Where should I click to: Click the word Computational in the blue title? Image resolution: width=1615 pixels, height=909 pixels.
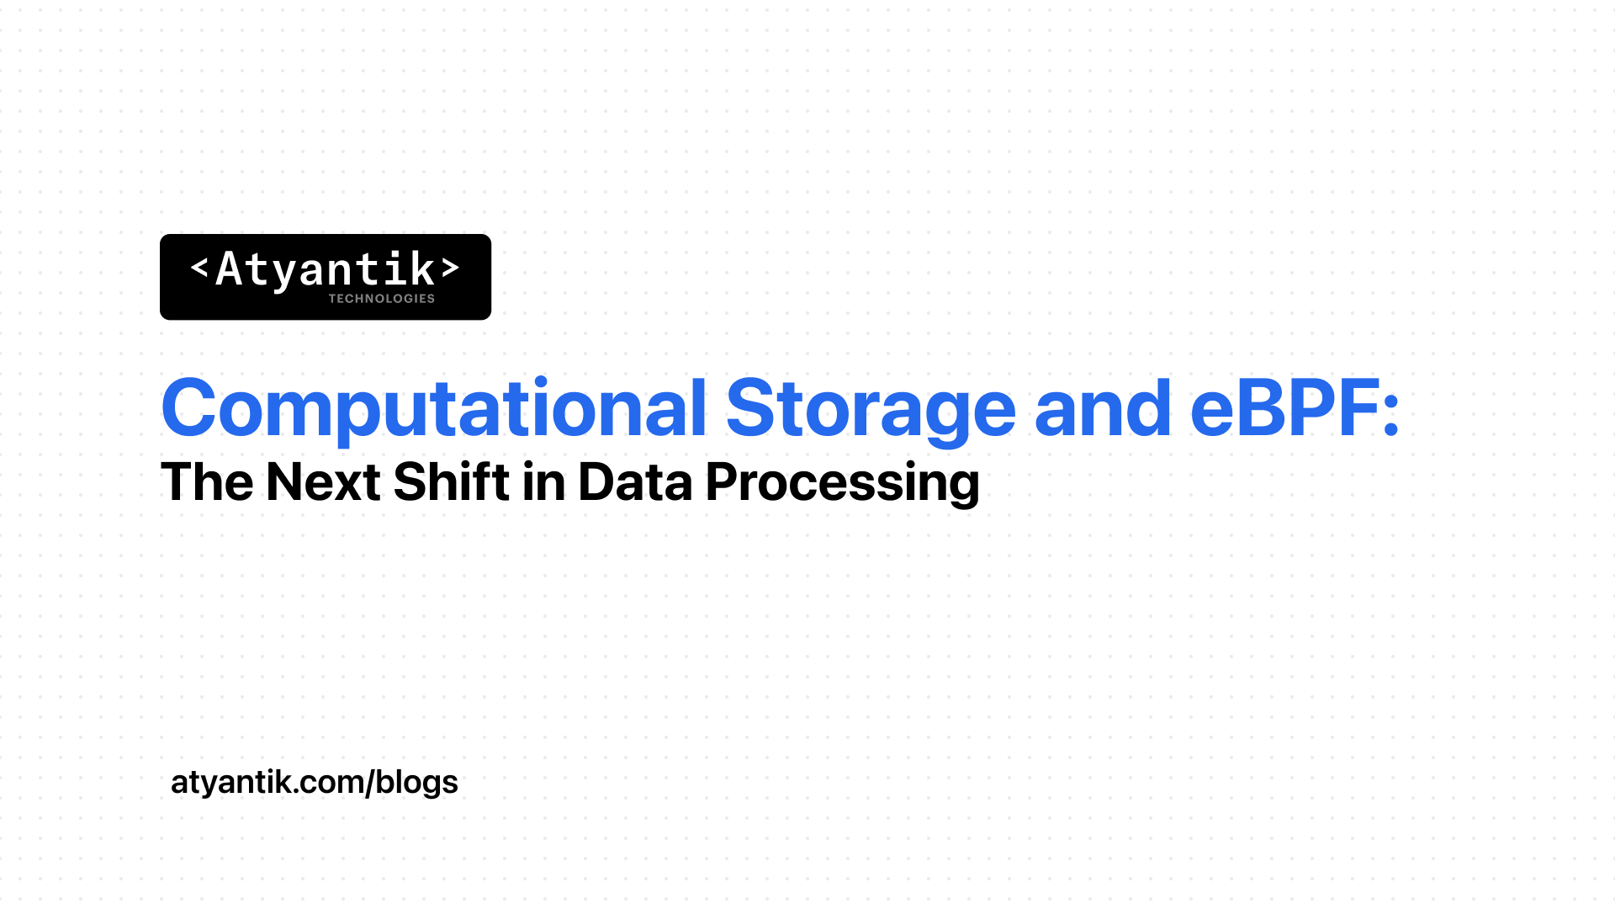[x=434, y=409]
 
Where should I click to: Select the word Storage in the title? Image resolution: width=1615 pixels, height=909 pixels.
[x=871, y=409]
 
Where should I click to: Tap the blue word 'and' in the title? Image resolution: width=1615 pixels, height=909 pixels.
[x=1103, y=407]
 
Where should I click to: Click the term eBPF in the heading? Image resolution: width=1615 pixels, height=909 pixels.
[x=1284, y=409]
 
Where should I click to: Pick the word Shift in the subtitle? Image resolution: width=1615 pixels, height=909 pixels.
[x=452, y=481]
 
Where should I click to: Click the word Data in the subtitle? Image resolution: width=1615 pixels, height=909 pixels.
[x=635, y=482]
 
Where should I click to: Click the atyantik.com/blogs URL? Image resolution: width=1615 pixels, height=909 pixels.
[x=315, y=783]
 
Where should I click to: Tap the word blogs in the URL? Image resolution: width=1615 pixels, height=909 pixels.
[x=416, y=783]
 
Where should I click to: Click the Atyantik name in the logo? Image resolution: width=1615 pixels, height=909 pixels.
[x=326, y=269]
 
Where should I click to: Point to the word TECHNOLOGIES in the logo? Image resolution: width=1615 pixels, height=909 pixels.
[x=381, y=299]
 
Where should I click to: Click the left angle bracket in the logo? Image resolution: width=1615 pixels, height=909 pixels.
[x=199, y=268]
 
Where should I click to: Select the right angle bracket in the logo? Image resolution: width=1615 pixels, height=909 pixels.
[x=451, y=268]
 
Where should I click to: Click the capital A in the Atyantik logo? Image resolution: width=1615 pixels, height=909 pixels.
[x=229, y=269]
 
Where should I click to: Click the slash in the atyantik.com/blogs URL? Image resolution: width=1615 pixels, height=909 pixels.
[x=368, y=783]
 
